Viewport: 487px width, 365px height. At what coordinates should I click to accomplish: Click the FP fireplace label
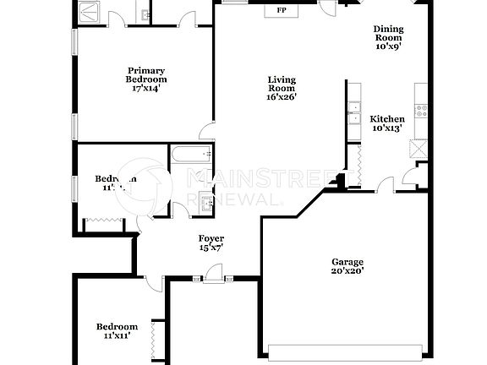coord(280,11)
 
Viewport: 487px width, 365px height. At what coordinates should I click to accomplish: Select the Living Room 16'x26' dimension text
coord(281,96)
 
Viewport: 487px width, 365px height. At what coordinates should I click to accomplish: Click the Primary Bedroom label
coord(146,75)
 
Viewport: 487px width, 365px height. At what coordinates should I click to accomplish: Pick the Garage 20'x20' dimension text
coord(347,272)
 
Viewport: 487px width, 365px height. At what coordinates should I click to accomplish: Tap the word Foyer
coord(211,238)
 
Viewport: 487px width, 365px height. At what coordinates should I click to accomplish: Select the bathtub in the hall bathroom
coord(190,155)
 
